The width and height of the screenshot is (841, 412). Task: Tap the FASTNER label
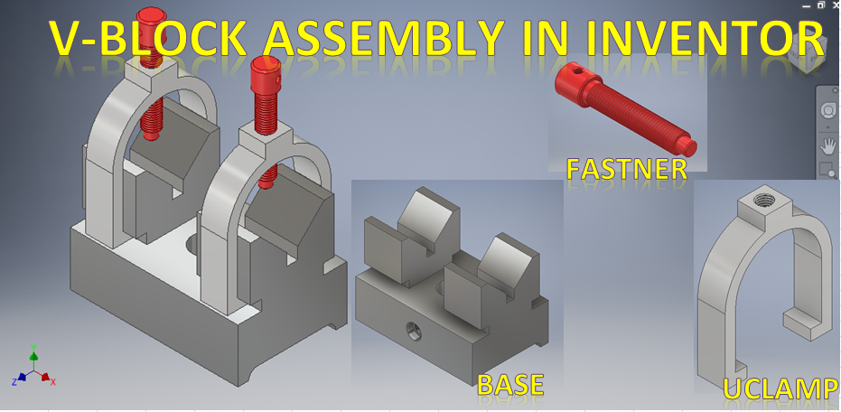pyautogui.click(x=626, y=168)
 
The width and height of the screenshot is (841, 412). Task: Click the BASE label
pyautogui.click(x=510, y=385)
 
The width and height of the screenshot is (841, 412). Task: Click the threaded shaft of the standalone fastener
pyautogui.click(x=645, y=117)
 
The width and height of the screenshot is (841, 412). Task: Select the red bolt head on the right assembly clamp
pyautogui.click(x=265, y=69)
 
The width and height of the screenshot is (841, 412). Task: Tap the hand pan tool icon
pyautogui.click(x=827, y=145)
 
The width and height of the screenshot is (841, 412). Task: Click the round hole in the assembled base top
pyautogui.click(x=193, y=242)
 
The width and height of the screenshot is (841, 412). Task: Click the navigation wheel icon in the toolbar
pyautogui.click(x=827, y=109)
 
